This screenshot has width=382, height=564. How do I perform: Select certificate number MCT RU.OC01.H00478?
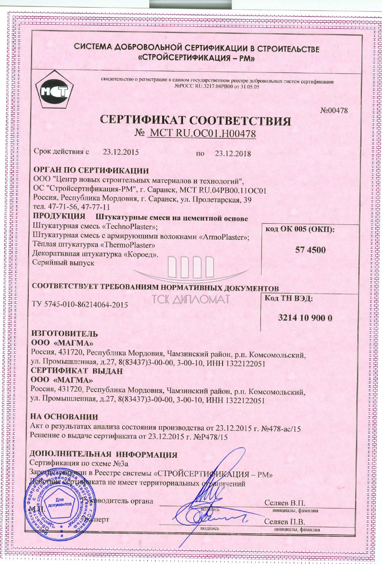(x=203, y=134)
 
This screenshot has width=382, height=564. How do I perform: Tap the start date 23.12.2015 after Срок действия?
(x=120, y=152)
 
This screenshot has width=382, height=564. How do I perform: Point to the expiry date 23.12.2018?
(x=233, y=153)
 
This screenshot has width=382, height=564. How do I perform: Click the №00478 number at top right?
(x=334, y=110)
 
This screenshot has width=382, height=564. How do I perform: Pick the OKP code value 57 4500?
(x=310, y=250)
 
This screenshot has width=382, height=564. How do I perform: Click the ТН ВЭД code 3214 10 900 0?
(x=305, y=318)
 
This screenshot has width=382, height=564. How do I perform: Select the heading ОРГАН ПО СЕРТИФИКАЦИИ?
(x=91, y=171)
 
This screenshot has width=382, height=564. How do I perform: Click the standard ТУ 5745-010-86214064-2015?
(x=80, y=305)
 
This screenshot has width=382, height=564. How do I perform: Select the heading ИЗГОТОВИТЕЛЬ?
(x=65, y=333)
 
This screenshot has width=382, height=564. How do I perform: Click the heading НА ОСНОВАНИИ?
(x=64, y=416)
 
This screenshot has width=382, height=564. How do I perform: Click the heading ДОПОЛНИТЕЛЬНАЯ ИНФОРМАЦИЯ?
(x=104, y=454)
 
